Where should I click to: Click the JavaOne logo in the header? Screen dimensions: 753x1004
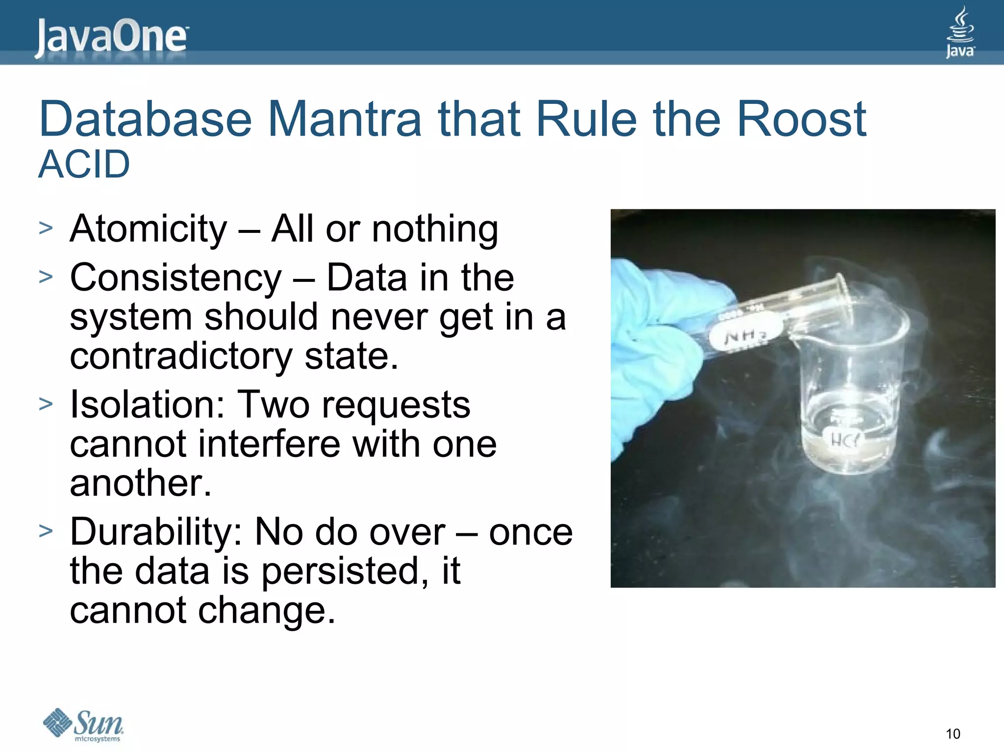click(x=111, y=37)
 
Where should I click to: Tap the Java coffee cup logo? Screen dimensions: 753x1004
click(x=960, y=32)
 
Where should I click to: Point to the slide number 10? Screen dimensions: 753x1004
click(x=953, y=733)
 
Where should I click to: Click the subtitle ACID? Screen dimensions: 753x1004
click(x=84, y=164)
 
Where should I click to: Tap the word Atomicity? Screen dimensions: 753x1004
click(x=149, y=229)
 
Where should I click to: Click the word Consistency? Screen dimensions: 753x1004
click(x=176, y=277)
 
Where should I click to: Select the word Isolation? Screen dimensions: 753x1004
click(x=147, y=405)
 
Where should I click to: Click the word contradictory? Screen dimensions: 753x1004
click(x=181, y=356)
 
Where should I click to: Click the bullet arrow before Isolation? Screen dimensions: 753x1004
click(x=46, y=404)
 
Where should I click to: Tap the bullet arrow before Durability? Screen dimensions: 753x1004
click(x=46, y=531)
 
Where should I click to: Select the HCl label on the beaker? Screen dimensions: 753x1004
click(x=844, y=440)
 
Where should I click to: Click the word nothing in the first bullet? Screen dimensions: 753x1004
click(x=435, y=229)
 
